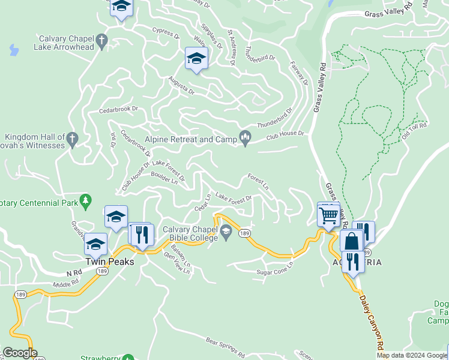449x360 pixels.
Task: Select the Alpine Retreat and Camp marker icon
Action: (x=245, y=139)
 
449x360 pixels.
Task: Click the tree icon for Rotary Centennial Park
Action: (x=86, y=202)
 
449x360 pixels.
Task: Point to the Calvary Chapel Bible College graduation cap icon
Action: (x=226, y=232)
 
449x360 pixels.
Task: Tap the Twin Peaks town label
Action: (x=109, y=262)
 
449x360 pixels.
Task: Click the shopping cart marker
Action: (x=328, y=215)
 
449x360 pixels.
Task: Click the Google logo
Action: (x=20, y=353)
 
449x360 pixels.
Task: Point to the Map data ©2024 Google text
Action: (x=412, y=355)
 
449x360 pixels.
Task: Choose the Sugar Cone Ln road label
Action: (x=275, y=268)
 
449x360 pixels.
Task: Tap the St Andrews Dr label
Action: (x=233, y=46)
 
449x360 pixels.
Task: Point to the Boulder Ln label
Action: (x=166, y=179)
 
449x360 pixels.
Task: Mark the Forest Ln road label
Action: (x=258, y=182)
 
